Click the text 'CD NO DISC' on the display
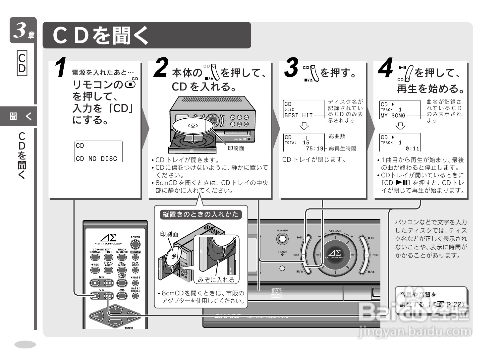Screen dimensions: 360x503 click(x=96, y=159)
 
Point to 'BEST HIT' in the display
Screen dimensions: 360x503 click(x=299, y=115)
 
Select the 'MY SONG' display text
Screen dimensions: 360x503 click(x=393, y=116)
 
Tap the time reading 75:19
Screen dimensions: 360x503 click(x=314, y=149)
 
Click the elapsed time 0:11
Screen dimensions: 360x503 click(x=412, y=149)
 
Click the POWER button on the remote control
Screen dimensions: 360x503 click(x=135, y=245)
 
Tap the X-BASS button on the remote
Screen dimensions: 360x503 click(x=135, y=283)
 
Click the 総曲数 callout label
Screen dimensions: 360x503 click(x=337, y=136)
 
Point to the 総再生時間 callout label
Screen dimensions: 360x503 click(x=342, y=149)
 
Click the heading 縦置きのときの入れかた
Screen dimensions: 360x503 click(x=200, y=214)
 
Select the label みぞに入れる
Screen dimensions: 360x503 click(x=216, y=280)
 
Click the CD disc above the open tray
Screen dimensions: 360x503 click(x=192, y=126)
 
